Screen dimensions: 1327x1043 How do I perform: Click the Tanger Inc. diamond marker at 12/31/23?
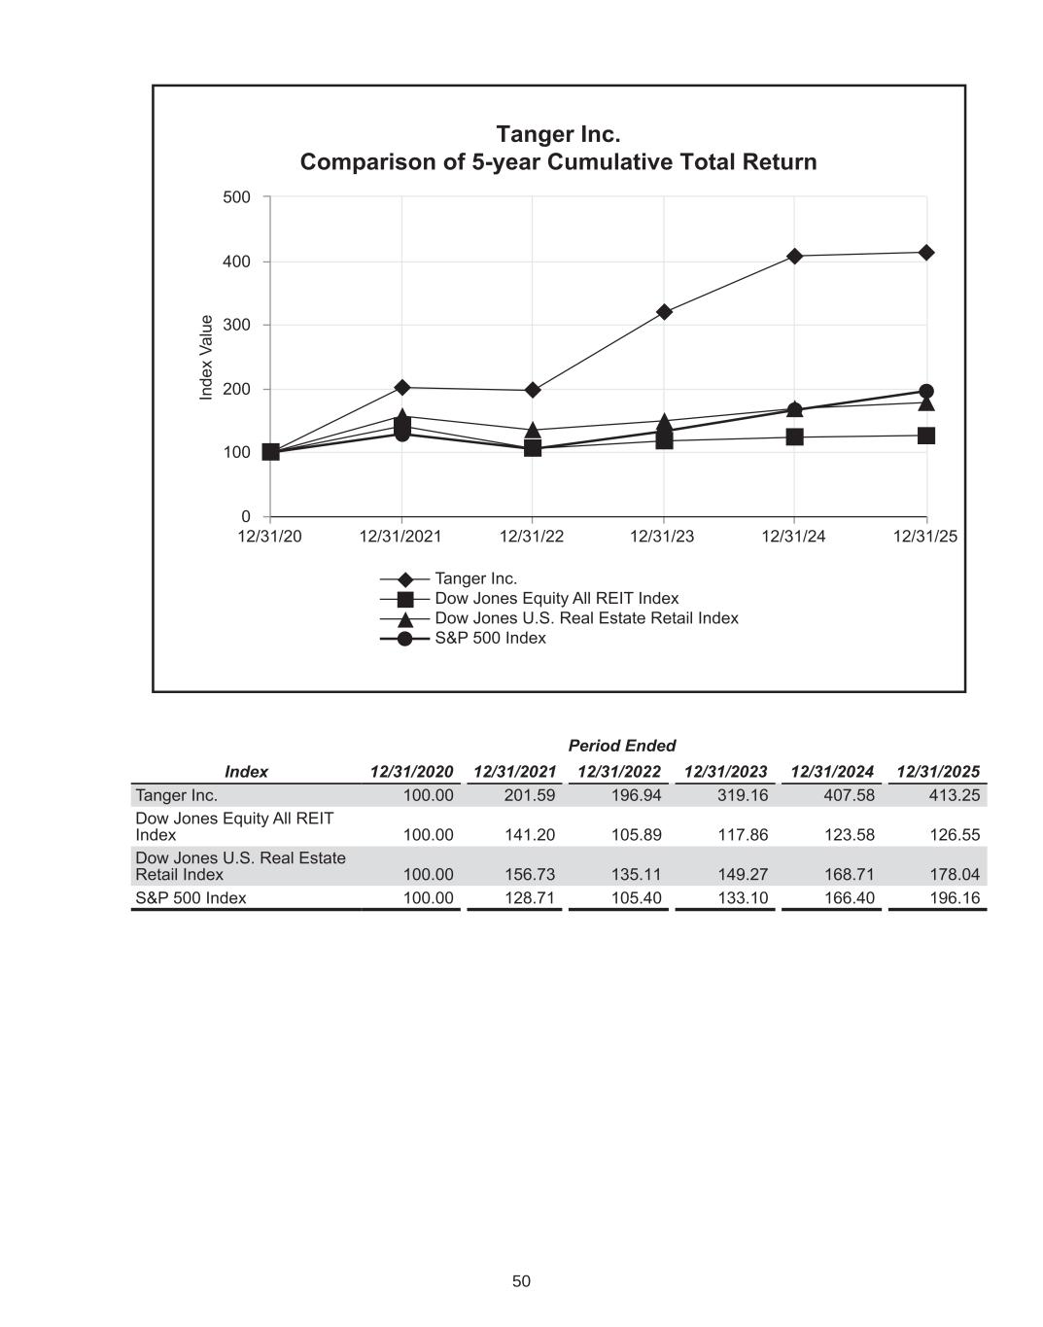point(664,312)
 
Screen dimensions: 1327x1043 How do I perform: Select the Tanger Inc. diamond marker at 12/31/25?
point(926,253)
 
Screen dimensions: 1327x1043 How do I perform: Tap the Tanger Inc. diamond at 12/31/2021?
point(401,388)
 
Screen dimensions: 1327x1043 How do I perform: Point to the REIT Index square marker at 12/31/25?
point(926,436)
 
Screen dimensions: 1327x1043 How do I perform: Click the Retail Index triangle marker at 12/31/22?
point(533,430)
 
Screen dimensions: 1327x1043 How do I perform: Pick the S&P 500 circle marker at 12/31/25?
point(926,392)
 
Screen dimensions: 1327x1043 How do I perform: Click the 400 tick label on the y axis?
point(236,262)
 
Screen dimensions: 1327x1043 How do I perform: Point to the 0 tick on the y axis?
point(246,516)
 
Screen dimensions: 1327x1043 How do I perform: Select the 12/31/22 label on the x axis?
point(532,537)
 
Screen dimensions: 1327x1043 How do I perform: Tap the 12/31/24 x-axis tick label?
point(793,537)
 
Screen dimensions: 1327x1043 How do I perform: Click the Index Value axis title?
point(206,357)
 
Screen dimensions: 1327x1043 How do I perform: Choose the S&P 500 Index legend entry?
point(490,638)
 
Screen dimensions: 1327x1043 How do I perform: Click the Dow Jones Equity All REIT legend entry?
point(556,598)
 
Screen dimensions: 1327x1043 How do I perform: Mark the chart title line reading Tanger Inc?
point(558,133)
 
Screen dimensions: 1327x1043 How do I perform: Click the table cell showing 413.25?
point(955,795)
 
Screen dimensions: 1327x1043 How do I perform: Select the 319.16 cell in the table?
point(743,795)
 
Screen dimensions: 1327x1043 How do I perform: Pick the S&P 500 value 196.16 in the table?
point(955,897)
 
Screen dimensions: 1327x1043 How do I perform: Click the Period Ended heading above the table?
point(621,746)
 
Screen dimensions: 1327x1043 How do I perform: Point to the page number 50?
point(521,1281)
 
